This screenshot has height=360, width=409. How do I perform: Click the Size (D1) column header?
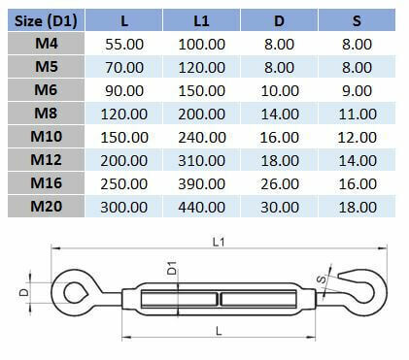[x=45, y=19]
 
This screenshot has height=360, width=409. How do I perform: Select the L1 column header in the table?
[x=201, y=19]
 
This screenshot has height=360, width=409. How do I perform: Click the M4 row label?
[x=45, y=45]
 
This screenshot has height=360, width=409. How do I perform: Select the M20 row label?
[x=45, y=206]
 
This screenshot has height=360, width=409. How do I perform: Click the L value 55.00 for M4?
[x=124, y=45]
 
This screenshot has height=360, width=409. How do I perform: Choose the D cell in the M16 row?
[x=280, y=182]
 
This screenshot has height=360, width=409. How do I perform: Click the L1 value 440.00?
[x=201, y=206]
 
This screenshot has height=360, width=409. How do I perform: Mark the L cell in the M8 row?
[x=124, y=114]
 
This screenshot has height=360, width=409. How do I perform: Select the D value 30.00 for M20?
[x=280, y=206]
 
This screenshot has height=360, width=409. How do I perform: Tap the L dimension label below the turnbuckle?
[x=220, y=330]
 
